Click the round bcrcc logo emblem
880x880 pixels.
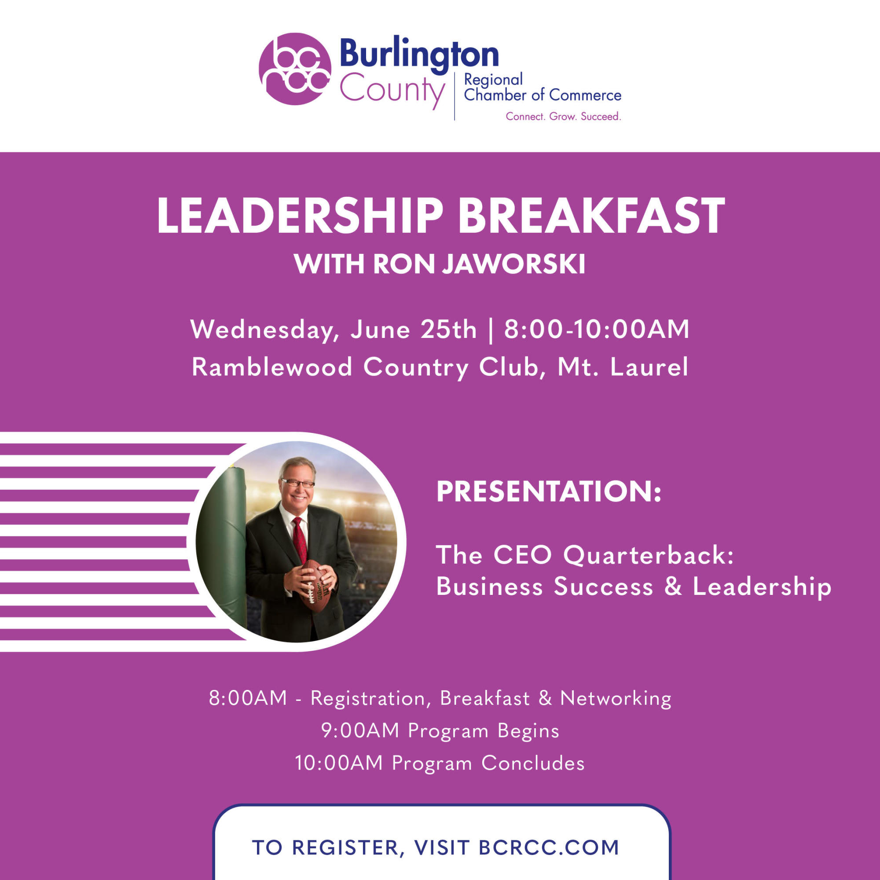pos(295,69)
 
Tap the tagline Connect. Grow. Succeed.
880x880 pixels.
pos(563,117)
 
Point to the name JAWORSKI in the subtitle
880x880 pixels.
pos(513,264)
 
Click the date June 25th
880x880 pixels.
pos(413,329)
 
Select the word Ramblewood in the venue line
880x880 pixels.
pos(272,367)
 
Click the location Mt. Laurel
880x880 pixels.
pos(623,367)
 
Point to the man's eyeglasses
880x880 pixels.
pos(298,483)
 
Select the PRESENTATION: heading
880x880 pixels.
pos(549,491)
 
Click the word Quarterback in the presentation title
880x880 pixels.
pos(649,555)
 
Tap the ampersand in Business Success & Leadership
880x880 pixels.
pos(673,586)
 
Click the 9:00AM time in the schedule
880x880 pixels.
pos(360,730)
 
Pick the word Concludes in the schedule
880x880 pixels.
pos(533,763)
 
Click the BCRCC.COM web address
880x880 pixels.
pos(549,848)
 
